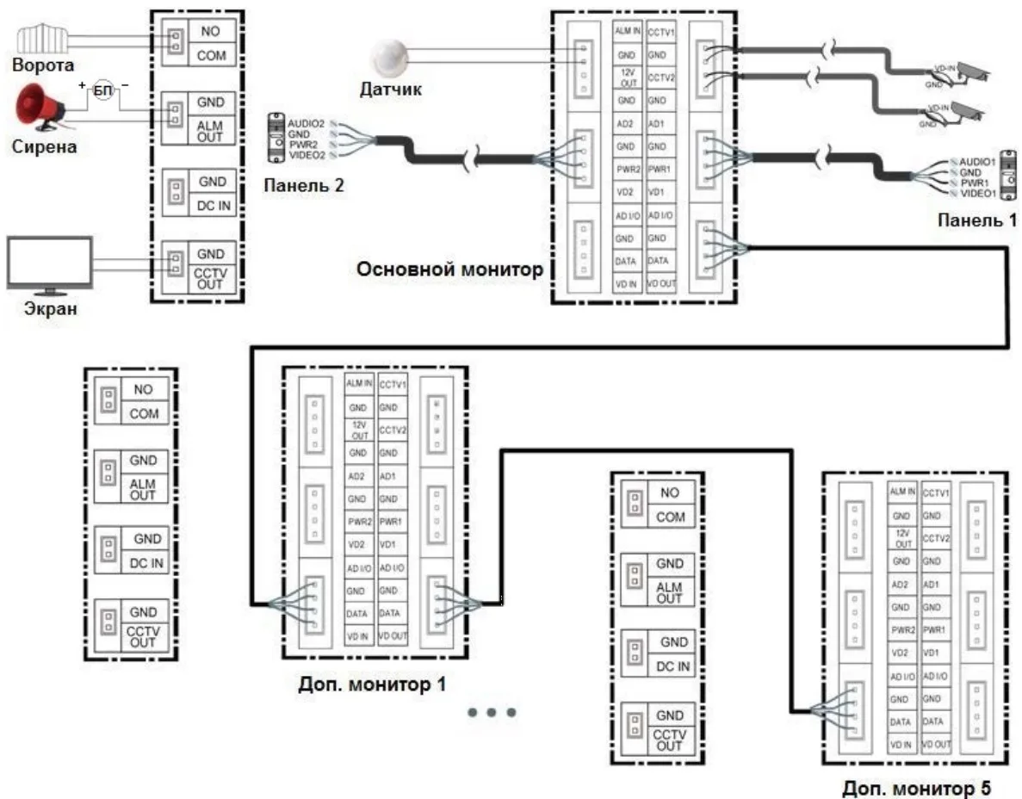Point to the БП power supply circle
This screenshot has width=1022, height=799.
[102, 90]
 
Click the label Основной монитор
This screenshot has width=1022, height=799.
[450, 269]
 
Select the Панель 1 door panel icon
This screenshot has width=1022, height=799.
[1005, 176]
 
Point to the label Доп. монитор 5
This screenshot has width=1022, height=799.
[917, 786]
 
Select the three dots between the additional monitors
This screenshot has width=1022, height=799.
[492, 712]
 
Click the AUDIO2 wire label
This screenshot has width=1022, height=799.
[306, 124]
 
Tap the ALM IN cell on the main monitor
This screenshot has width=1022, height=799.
[627, 31]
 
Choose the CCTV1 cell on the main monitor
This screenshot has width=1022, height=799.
[660, 31]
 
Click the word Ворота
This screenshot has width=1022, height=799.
[42, 65]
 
